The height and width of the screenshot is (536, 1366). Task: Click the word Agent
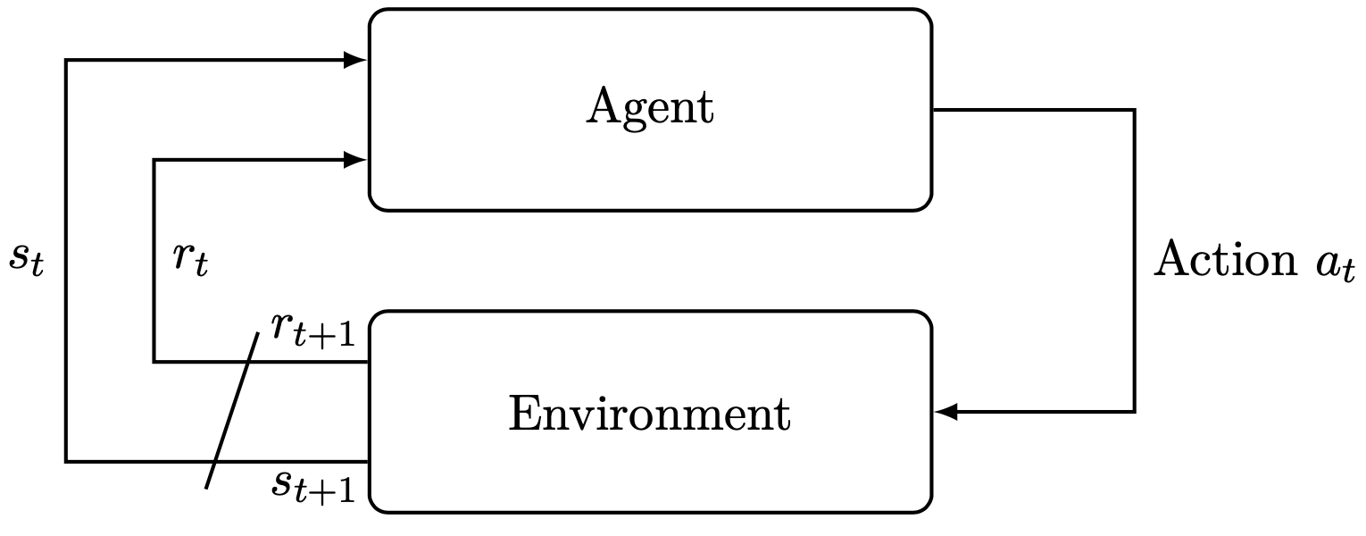[x=650, y=109]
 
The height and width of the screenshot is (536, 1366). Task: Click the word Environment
[x=650, y=415]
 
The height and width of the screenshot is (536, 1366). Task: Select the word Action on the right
[x=1224, y=261]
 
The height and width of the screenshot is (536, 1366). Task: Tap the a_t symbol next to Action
[x=1335, y=265]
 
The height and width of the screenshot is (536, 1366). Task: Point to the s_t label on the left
[x=25, y=259]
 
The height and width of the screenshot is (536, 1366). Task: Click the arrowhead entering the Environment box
[x=945, y=412]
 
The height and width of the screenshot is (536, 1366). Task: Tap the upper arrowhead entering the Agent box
[x=356, y=61]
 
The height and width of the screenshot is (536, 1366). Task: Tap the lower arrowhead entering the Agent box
[x=356, y=160]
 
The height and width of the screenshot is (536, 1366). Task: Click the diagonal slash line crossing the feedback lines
[x=232, y=411]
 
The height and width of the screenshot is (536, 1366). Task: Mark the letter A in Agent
[x=604, y=108]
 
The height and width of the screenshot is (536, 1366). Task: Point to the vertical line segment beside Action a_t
[x=1134, y=339]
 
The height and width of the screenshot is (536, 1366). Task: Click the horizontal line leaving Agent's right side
[x=1027, y=110]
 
